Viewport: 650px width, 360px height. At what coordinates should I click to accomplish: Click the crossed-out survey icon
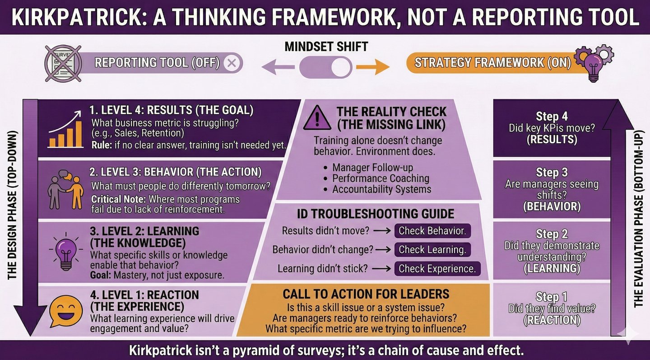coord(63,63)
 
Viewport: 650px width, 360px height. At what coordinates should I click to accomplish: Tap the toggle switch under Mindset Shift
coord(325,68)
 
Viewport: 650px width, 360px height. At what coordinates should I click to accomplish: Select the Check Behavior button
coord(432,230)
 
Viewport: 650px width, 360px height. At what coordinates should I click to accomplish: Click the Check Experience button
coord(437,269)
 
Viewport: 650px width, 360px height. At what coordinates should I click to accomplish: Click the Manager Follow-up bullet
coord(373,168)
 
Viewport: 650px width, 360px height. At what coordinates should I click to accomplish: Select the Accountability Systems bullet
coord(382,189)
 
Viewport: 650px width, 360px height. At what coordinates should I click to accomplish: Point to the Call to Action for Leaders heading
coord(366,295)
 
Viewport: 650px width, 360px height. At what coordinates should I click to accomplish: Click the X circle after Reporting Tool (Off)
coord(232,63)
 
